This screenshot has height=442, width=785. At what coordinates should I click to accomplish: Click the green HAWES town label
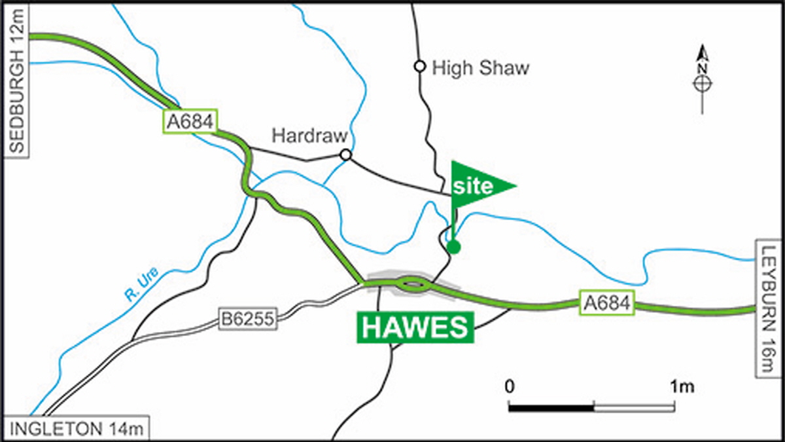pyautogui.click(x=415, y=327)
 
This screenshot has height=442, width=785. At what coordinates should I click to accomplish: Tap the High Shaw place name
pyautogui.click(x=481, y=67)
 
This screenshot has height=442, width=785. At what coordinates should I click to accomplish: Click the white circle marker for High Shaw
pyautogui.click(x=419, y=66)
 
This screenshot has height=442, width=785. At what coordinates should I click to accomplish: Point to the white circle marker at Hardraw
pyautogui.click(x=346, y=155)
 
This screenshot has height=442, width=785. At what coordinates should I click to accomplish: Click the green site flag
pyautogui.click(x=481, y=185)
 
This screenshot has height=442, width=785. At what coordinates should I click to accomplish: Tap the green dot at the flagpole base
pyautogui.click(x=453, y=247)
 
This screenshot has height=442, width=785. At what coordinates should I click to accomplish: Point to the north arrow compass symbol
pyautogui.click(x=702, y=79)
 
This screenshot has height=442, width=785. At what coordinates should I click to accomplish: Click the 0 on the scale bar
pyautogui.click(x=510, y=387)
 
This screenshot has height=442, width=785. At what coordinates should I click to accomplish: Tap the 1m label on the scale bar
pyautogui.click(x=682, y=387)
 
